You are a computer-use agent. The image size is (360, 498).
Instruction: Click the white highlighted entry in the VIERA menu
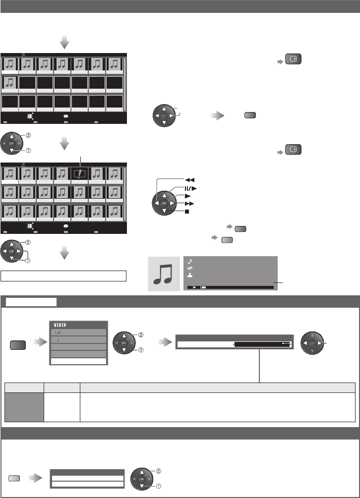coord(78,362)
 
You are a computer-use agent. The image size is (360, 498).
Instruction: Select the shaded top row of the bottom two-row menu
coord(86,472)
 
